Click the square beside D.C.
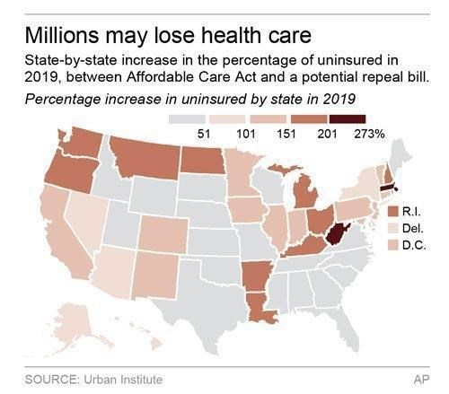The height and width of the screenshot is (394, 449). point(392,245)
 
